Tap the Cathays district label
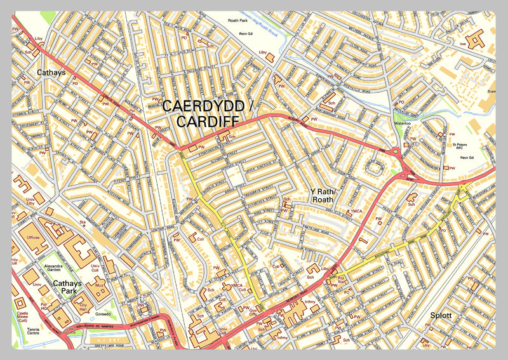click(51, 73)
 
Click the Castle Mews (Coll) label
click(23, 317)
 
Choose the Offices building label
click(33, 236)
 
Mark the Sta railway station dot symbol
click(82, 226)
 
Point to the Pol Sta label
click(341, 279)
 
